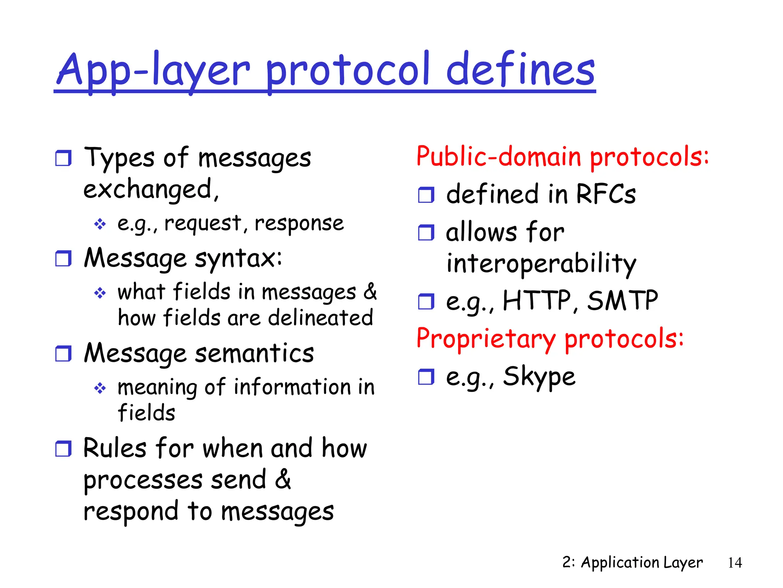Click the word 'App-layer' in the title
point(153,71)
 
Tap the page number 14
point(734,563)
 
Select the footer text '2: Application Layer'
point(632,562)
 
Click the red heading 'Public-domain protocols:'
point(562,157)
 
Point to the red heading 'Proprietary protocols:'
point(550,339)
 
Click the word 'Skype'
point(539,377)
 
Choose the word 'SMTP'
point(622,301)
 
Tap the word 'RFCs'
point(606,194)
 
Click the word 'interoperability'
point(541,263)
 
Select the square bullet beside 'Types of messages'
point(63,158)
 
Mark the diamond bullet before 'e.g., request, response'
point(100,224)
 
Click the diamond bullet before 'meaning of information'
point(100,388)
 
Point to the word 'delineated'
point(320,318)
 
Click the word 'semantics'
point(254,353)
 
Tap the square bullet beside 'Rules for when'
point(63,449)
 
